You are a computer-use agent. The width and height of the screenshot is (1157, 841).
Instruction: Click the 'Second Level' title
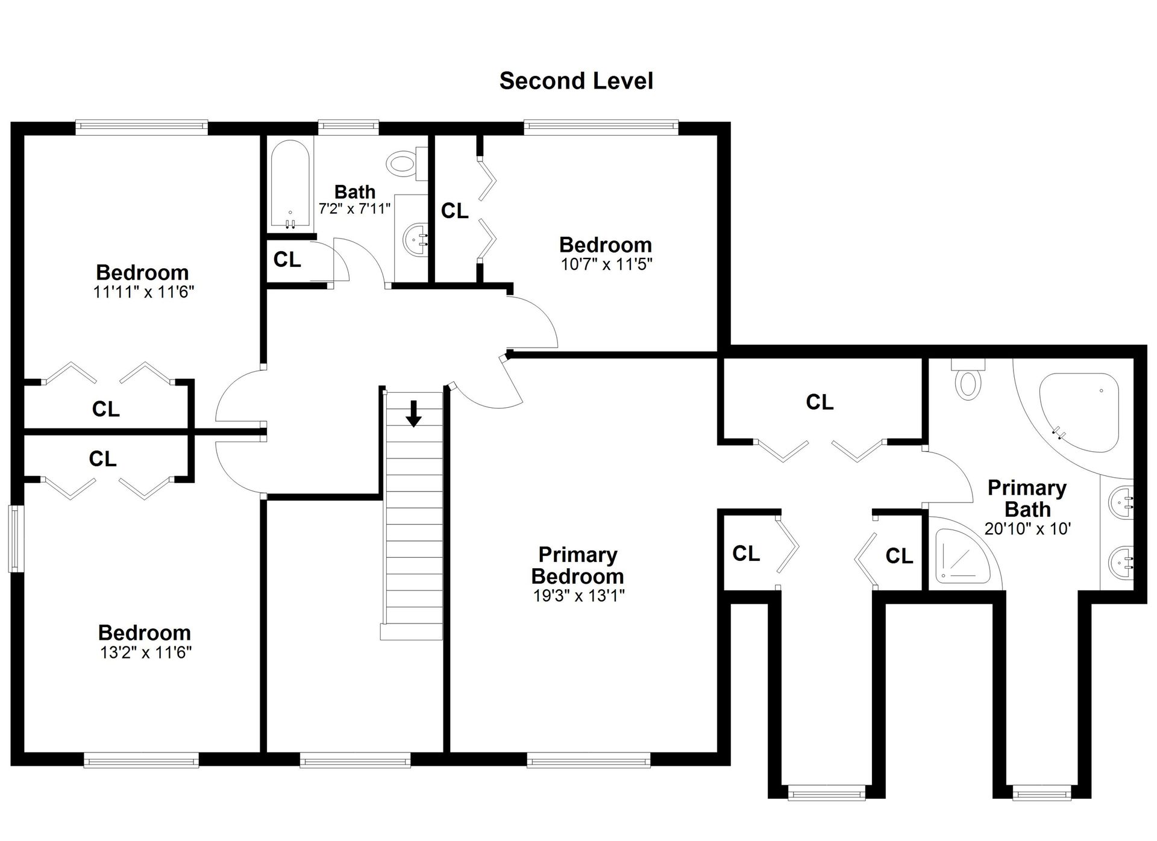point(576,81)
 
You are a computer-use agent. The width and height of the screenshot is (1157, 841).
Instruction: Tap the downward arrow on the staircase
point(413,414)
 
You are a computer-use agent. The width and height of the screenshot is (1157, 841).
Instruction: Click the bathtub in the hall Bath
point(290,185)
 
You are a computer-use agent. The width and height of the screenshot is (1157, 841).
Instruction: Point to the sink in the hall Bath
point(415,240)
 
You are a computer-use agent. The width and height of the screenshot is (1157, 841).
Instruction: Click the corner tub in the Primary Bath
point(1079,412)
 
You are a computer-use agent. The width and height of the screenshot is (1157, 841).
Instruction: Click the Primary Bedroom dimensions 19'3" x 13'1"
point(578,596)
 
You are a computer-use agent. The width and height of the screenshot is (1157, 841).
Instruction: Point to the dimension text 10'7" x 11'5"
point(606,264)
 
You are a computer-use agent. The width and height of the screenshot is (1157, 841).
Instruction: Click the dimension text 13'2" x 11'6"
point(145,652)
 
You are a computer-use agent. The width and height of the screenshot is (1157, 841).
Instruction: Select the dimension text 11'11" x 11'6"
point(143,292)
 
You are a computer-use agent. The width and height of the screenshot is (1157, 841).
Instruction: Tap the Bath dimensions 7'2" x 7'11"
point(355,209)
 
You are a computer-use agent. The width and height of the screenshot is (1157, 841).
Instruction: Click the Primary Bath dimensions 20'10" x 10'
point(1027,529)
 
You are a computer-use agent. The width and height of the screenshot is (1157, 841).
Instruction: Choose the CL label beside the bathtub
point(287,260)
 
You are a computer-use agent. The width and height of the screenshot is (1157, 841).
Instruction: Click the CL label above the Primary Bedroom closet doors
point(820,402)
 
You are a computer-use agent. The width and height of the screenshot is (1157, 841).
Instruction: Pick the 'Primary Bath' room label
point(1027,499)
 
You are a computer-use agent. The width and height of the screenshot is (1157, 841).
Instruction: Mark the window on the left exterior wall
point(16,538)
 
